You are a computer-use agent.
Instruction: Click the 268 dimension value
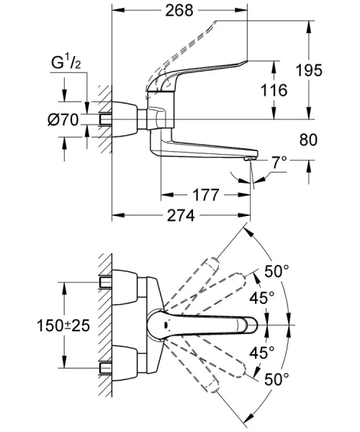pos(179,11)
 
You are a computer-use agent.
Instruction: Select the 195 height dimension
pos(309,70)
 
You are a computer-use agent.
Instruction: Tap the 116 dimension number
pos(274,90)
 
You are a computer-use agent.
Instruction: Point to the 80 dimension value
pos(308,140)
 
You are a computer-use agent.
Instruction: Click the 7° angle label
pos(279,162)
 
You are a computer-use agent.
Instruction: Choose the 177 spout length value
pos(205,195)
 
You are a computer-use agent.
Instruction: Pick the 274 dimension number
pos(181,215)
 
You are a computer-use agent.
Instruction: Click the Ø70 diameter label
pos(63,120)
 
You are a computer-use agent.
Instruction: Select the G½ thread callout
pos(66,63)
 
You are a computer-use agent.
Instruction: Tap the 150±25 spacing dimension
pos(63,325)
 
